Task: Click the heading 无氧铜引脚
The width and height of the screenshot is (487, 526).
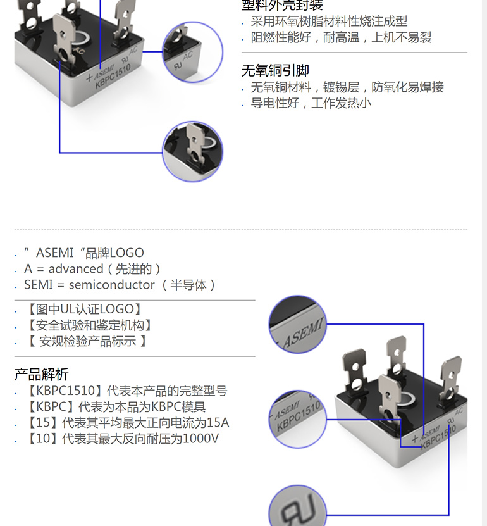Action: [x=275, y=70]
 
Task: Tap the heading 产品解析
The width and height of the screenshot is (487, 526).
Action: [x=42, y=374]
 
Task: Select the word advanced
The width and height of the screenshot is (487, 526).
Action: [x=76, y=269]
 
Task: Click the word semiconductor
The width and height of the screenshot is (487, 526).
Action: [x=111, y=285]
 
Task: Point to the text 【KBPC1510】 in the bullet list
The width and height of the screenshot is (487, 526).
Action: [x=63, y=391]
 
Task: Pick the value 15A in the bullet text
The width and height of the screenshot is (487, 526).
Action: [x=218, y=423]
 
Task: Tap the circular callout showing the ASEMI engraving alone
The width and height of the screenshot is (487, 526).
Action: [x=298, y=324]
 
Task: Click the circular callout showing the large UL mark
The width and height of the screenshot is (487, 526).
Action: [x=298, y=506]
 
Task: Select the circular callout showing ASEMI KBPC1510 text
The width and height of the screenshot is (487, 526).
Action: [x=298, y=419]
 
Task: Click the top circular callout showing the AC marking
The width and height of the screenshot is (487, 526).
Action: [x=193, y=53]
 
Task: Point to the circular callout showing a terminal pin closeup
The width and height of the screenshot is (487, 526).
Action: [x=193, y=152]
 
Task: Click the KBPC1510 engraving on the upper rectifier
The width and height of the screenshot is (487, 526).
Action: [x=113, y=77]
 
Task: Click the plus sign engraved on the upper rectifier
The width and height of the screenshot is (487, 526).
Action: [x=89, y=78]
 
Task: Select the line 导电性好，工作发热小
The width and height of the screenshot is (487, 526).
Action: [x=311, y=103]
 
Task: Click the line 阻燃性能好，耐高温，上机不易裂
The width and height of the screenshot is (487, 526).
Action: [x=341, y=37]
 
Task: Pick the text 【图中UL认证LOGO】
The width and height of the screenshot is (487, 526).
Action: [x=85, y=309]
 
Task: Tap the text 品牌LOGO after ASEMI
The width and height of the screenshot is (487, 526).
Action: [x=114, y=253]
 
